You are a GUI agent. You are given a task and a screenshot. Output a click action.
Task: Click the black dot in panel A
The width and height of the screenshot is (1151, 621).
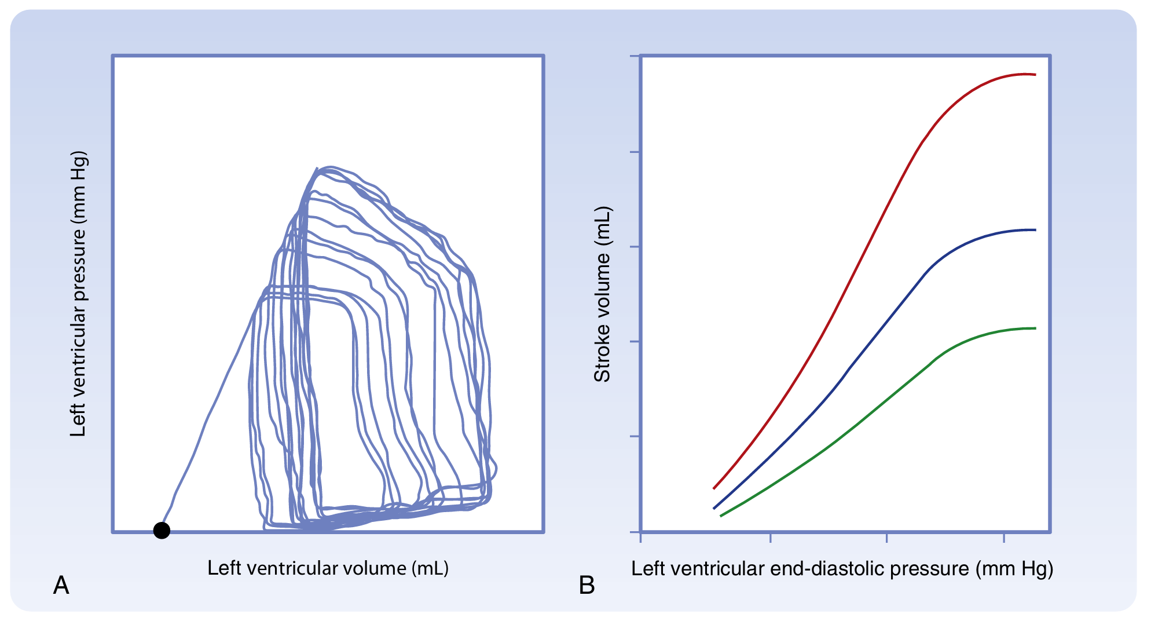pyautogui.click(x=162, y=530)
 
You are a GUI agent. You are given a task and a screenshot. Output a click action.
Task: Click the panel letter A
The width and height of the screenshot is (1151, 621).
pyautogui.click(x=61, y=586)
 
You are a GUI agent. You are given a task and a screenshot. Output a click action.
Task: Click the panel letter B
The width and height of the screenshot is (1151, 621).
pyautogui.click(x=587, y=586)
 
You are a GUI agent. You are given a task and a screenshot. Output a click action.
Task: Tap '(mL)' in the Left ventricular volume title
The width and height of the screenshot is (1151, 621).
pyautogui.click(x=430, y=568)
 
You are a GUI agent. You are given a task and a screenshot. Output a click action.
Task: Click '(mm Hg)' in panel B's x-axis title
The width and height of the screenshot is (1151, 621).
pyautogui.click(x=1014, y=569)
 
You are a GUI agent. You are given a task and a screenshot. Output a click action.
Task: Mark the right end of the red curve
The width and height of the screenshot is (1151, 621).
pyautogui.click(x=1035, y=75)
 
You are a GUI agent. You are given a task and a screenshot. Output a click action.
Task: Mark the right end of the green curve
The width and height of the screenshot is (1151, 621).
pyautogui.click(x=1035, y=328)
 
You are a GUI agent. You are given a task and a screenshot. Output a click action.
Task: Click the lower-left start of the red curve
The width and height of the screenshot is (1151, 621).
pyautogui.click(x=714, y=488)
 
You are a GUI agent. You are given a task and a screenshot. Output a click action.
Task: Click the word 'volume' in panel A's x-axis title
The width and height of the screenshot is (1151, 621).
pyautogui.click(x=377, y=568)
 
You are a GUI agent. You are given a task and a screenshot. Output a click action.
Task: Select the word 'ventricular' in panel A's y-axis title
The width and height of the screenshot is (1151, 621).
pyautogui.click(x=78, y=359)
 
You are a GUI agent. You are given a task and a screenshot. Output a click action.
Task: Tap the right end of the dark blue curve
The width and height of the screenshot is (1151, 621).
pyautogui.click(x=1035, y=230)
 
